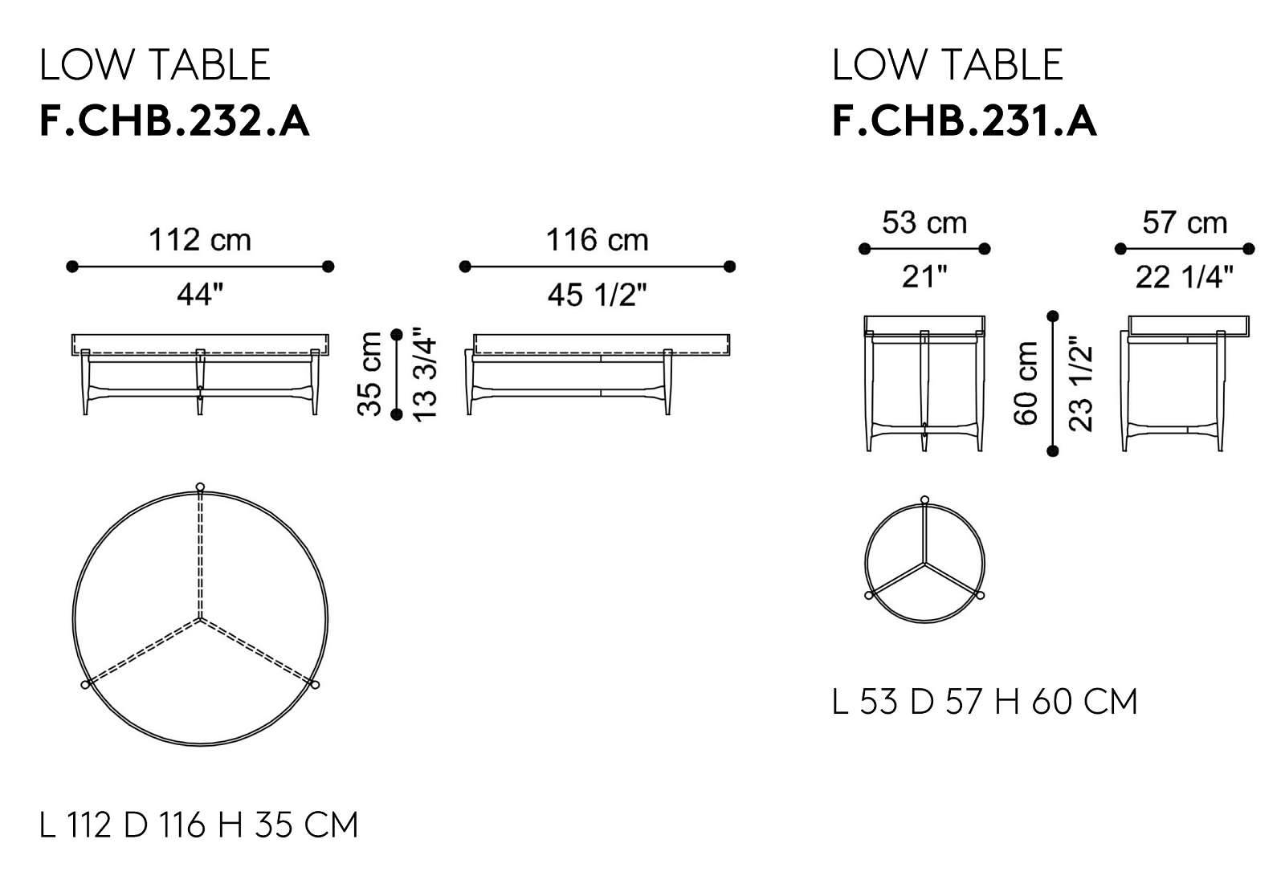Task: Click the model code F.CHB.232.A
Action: (x=174, y=121)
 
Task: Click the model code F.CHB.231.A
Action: (x=965, y=121)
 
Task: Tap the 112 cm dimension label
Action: (x=200, y=240)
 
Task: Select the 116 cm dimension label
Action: (x=598, y=240)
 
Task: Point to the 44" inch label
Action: (x=200, y=295)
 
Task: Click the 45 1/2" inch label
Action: (x=598, y=295)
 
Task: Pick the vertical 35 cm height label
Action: (x=369, y=374)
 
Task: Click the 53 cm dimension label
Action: (x=924, y=222)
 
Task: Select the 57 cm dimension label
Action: (x=1185, y=222)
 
